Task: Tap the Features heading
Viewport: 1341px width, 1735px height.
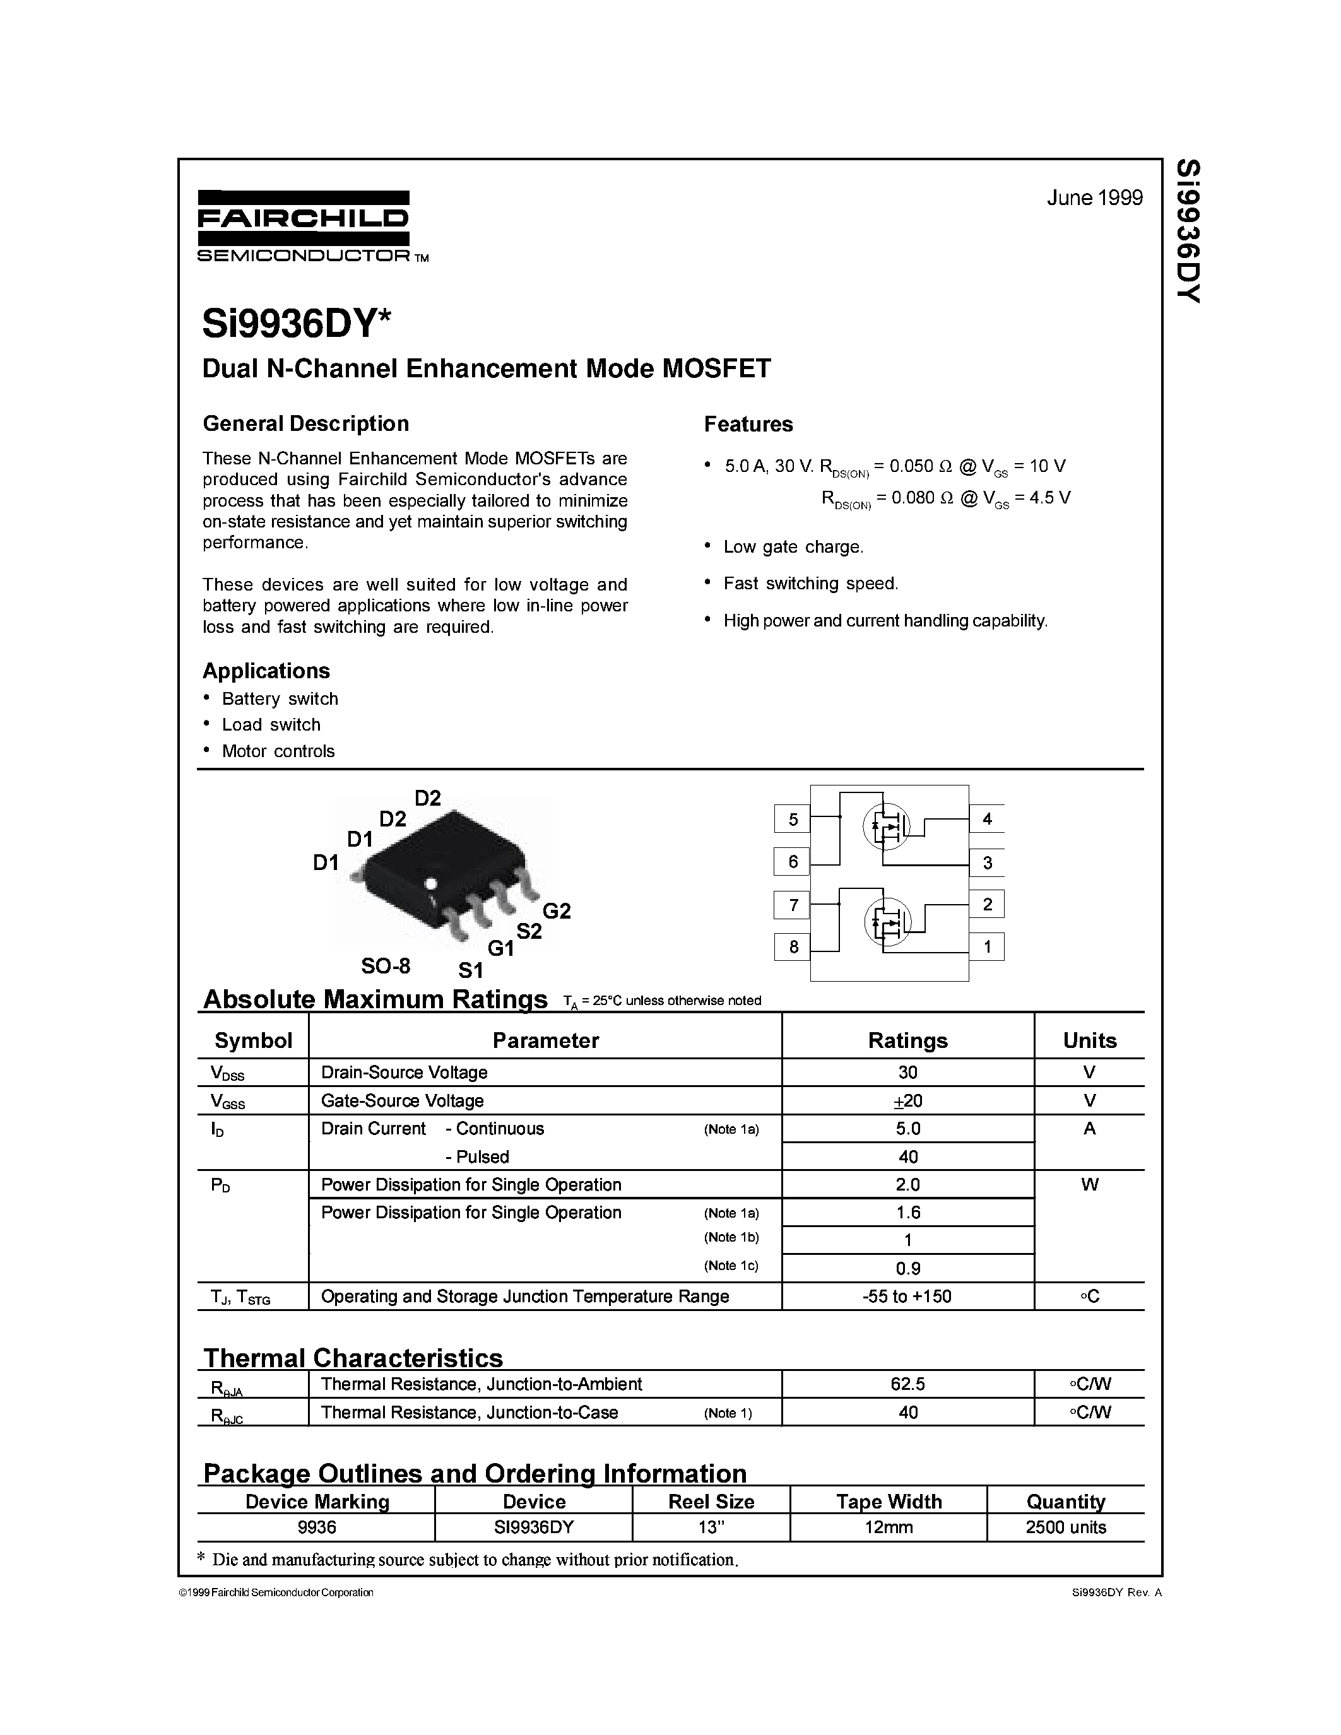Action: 748,424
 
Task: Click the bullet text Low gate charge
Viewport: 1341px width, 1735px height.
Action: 792,546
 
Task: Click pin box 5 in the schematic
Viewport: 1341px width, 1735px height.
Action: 792,819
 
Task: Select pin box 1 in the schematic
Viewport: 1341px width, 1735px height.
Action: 987,946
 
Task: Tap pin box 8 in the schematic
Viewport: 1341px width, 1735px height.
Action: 792,946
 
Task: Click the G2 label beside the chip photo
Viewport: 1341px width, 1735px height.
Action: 556,910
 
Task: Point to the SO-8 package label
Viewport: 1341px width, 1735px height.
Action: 386,966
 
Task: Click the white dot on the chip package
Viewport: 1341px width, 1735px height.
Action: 432,883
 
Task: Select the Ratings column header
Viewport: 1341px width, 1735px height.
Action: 907,1040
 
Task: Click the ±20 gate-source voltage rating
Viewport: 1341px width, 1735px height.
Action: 907,1101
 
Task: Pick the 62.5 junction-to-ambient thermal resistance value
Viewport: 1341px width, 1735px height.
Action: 907,1384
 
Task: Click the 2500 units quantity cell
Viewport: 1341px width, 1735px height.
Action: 1065,1527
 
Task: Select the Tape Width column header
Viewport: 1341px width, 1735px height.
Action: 888,1502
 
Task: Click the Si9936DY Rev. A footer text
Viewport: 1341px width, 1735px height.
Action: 1116,1592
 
